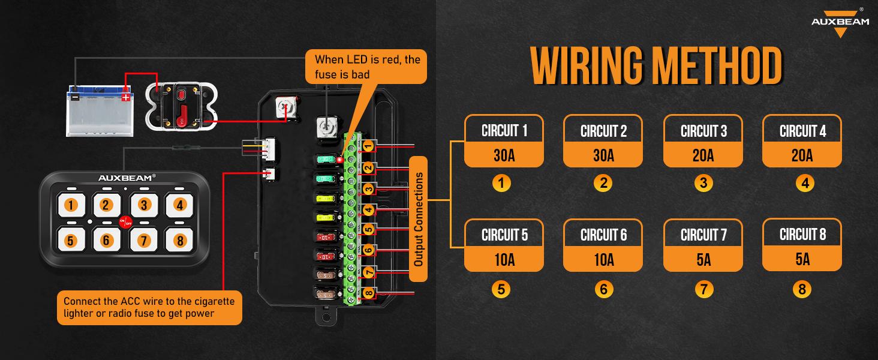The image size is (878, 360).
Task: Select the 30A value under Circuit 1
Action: click(x=504, y=155)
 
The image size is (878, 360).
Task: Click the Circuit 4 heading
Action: click(x=802, y=131)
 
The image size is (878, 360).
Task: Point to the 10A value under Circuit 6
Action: click(x=603, y=259)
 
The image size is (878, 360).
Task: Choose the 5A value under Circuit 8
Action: click(x=802, y=259)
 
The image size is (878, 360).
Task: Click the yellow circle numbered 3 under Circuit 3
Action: click(x=703, y=183)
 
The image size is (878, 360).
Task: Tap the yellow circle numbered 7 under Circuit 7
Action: click(x=703, y=289)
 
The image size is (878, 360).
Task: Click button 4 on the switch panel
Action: click(x=179, y=205)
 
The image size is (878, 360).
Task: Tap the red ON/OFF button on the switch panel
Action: click(x=125, y=222)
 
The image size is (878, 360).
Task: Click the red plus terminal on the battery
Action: click(x=126, y=96)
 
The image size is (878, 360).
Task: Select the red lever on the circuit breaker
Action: click(x=184, y=112)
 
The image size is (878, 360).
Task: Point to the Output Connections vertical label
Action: click(x=419, y=219)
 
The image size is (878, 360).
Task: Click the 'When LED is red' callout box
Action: click(x=366, y=67)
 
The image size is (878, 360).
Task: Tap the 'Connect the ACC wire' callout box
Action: click(x=149, y=307)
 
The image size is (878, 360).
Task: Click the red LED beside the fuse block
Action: click(x=339, y=160)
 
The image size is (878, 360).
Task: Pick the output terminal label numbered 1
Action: click(x=368, y=145)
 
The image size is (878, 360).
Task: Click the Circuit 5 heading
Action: click(x=504, y=235)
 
